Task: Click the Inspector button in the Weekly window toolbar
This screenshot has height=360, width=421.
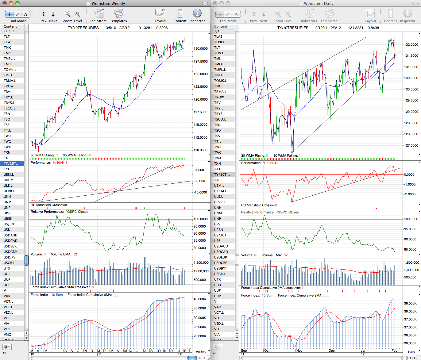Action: coord(197,15)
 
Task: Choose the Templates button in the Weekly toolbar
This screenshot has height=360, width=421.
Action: coord(118,15)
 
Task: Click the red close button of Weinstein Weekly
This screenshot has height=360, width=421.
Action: coord(5,3)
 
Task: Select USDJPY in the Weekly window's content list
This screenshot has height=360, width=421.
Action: coord(10,257)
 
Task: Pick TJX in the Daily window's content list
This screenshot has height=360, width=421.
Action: coord(217,31)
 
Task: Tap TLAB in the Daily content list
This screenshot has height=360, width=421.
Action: coord(218,36)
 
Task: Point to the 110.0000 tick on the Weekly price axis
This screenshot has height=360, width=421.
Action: coord(200,150)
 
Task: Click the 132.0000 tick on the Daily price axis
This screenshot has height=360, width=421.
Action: coord(411,44)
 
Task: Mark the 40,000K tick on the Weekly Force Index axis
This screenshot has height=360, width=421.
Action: coord(200,299)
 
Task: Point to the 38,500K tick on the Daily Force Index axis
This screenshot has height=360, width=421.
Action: coord(410,303)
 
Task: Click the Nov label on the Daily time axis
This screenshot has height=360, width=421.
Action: coord(299,350)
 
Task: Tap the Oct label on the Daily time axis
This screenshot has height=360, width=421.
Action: coord(267,350)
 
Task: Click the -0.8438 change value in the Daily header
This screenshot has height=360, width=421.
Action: coord(373,28)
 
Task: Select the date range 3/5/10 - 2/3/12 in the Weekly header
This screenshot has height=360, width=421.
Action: coord(118,28)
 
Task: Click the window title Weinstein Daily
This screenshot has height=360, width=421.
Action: coord(319,3)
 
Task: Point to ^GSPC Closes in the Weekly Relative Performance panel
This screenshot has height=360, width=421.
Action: coord(77,212)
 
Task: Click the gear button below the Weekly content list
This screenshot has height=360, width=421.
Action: coord(7,347)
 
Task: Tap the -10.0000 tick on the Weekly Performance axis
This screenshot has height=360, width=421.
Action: coord(200,192)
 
